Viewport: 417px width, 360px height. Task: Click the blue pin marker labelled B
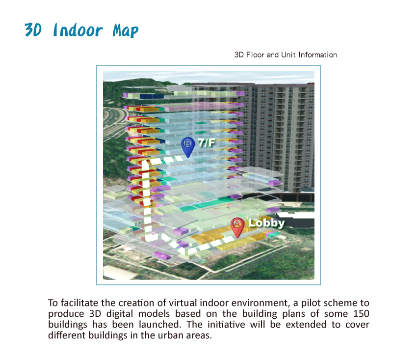coord(188,147)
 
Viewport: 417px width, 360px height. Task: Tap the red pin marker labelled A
coord(237,227)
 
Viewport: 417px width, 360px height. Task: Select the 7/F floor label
coord(207,143)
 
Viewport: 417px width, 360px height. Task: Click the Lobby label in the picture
coord(266,223)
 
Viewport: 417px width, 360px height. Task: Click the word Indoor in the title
coord(78,30)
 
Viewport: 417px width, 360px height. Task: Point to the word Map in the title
coord(126,30)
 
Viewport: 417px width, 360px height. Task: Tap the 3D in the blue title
coord(33,29)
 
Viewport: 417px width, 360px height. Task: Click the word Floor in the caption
coord(255,55)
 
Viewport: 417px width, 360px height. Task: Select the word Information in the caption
coord(318,55)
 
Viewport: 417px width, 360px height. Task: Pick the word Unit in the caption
coord(288,55)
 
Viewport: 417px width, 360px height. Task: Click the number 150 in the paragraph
coord(361,314)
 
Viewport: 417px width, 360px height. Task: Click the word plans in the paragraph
coord(293,314)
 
